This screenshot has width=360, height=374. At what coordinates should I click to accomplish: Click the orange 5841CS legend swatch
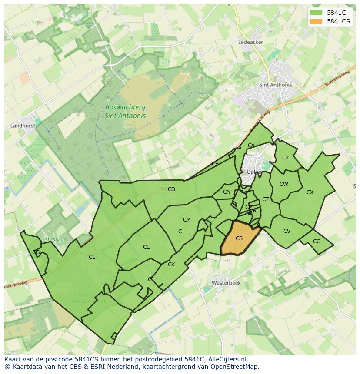[x=316, y=21]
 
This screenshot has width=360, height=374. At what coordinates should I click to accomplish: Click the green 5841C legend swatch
[x=316, y=13]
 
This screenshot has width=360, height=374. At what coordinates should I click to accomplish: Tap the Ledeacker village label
[x=250, y=42]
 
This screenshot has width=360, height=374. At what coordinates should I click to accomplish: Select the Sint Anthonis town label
[x=275, y=85]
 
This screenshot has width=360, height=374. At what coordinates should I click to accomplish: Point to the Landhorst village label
[x=22, y=126]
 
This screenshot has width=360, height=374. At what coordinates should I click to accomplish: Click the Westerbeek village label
[x=226, y=282]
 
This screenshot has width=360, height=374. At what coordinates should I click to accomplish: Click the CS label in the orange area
[x=239, y=238]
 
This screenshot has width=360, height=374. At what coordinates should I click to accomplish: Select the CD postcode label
[x=171, y=189]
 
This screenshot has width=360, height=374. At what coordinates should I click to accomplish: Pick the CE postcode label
[x=92, y=257]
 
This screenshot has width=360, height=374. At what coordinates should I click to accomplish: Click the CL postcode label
[x=146, y=247]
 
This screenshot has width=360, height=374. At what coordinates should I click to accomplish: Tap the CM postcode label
[x=187, y=220]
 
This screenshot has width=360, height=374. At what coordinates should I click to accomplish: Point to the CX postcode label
[x=310, y=192]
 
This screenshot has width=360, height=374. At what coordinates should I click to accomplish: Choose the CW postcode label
[x=284, y=184]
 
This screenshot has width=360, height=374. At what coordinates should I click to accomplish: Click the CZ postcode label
[x=286, y=158]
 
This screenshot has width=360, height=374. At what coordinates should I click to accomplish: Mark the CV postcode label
[x=287, y=231]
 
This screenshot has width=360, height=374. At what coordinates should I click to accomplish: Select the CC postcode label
[x=317, y=242]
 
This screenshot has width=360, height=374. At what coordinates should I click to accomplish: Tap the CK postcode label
[x=171, y=265]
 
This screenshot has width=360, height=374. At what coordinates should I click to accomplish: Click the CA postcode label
[x=251, y=146]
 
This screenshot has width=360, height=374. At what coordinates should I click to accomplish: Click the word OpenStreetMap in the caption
[x=237, y=367]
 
